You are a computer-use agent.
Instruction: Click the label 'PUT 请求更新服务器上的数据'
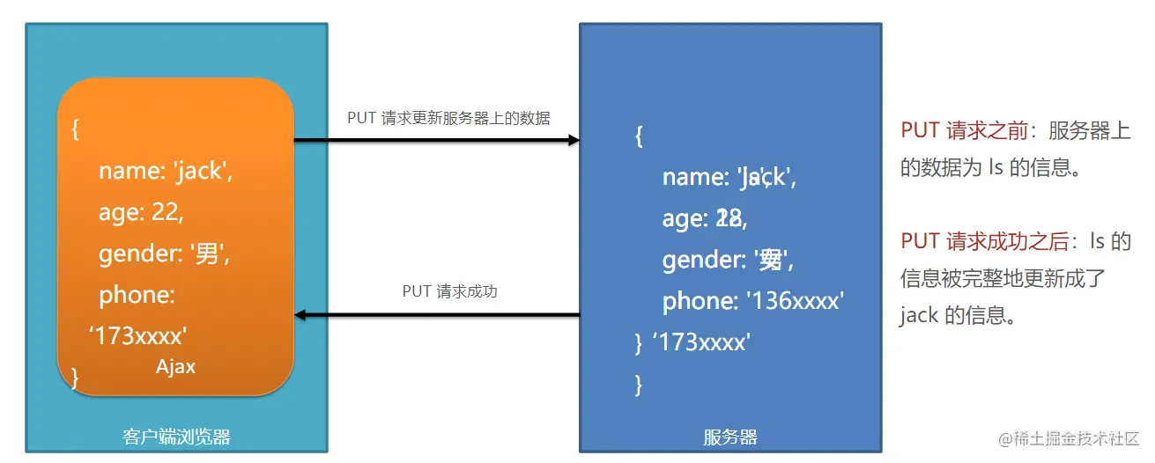[448, 118]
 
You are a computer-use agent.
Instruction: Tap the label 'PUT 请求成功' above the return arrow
[449, 290]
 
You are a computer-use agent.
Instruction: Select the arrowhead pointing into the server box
[574, 140]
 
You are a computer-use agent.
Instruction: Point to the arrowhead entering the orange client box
[300, 314]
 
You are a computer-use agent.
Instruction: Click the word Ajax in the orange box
[175, 367]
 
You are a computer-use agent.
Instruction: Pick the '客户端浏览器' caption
[176, 437]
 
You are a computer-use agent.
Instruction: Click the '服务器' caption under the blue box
[730, 437]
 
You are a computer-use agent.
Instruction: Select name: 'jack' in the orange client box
[166, 171]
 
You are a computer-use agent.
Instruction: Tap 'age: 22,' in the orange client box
[141, 212]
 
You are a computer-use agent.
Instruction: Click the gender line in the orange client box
[164, 254]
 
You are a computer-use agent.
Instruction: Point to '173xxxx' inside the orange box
[138, 335]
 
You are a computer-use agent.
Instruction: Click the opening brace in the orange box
[76, 129]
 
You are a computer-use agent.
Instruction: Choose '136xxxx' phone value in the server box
[795, 301]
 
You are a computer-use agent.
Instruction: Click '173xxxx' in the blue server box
[701, 342]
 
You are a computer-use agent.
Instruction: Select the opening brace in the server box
[639, 136]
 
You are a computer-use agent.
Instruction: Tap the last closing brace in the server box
[639, 384]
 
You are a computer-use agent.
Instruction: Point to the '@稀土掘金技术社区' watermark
[1069, 437]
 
